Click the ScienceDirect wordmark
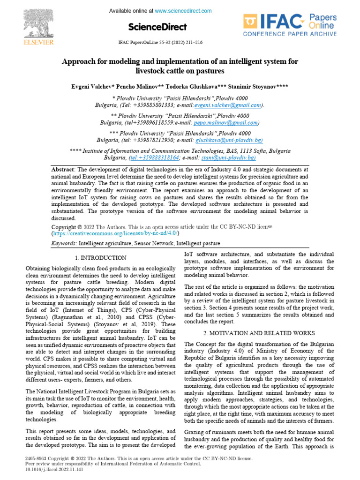coord(157,27)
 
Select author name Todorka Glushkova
coord(194,87)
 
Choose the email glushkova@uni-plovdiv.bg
coord(229,140)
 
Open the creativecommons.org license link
coord(115,233)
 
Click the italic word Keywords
coord(63,244)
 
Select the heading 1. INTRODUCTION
coord(100,258)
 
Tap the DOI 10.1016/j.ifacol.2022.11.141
coord(47,469)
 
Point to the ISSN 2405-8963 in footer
coord(35,458)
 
